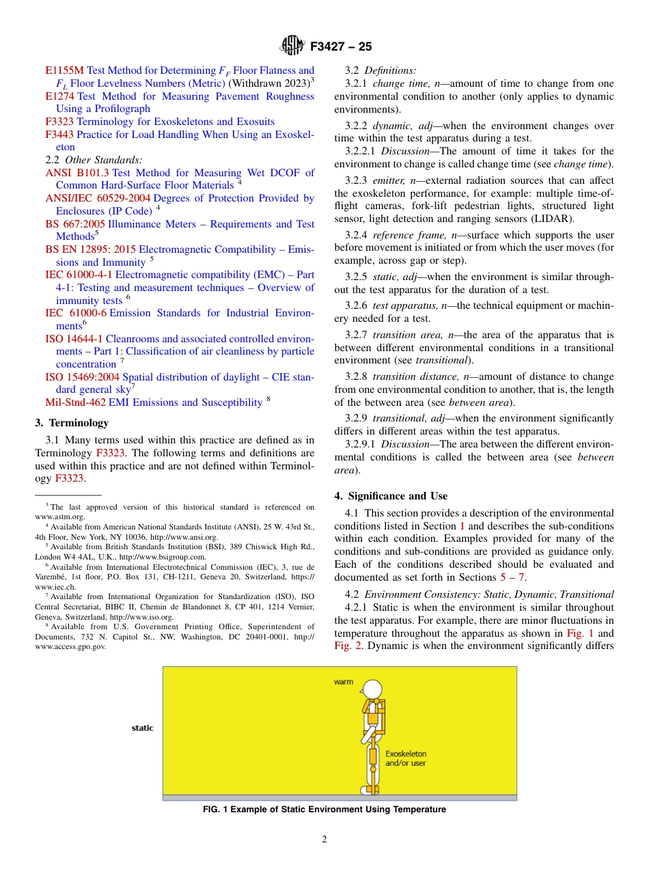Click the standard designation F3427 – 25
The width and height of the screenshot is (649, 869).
coord(341,47)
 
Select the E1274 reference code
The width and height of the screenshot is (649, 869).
coord(60,96)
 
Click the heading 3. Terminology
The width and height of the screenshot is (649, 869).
coord(72,423)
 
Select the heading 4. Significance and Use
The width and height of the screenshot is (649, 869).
coord(391,496)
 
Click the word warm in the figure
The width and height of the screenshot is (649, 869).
coord(344,682)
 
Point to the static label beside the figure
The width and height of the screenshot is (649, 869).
coord(142,728)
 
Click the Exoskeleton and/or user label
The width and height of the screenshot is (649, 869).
coord(406,758)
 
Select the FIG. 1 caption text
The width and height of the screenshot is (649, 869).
coord(324,810)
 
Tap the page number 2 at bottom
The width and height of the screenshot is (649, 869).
coord(324,840)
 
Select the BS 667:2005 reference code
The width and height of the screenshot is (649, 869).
coord(75,224)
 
